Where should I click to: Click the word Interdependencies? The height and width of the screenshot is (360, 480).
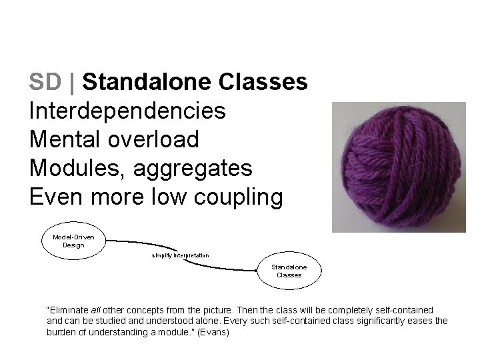(127, 111)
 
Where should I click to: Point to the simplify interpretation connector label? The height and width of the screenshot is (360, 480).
(180, 255)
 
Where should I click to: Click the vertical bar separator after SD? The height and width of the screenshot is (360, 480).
(72, 82)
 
